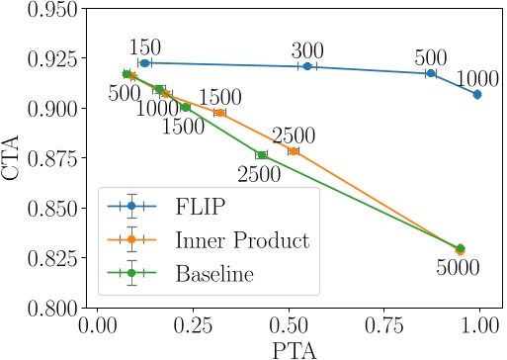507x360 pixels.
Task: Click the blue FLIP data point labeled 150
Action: click(x=144, y=62)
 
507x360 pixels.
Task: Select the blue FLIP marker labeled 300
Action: click(x=307, y=66)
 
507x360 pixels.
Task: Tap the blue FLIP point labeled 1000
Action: click(x=477, y=95)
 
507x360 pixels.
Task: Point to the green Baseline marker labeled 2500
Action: click(x=261, y=155)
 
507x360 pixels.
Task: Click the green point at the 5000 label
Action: click(x=460, y=248)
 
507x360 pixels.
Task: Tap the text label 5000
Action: click(x=458, y=268)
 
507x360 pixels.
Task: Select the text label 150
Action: click(x=145, y=45)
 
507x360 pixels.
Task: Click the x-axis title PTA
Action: click(x=289, y=349)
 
